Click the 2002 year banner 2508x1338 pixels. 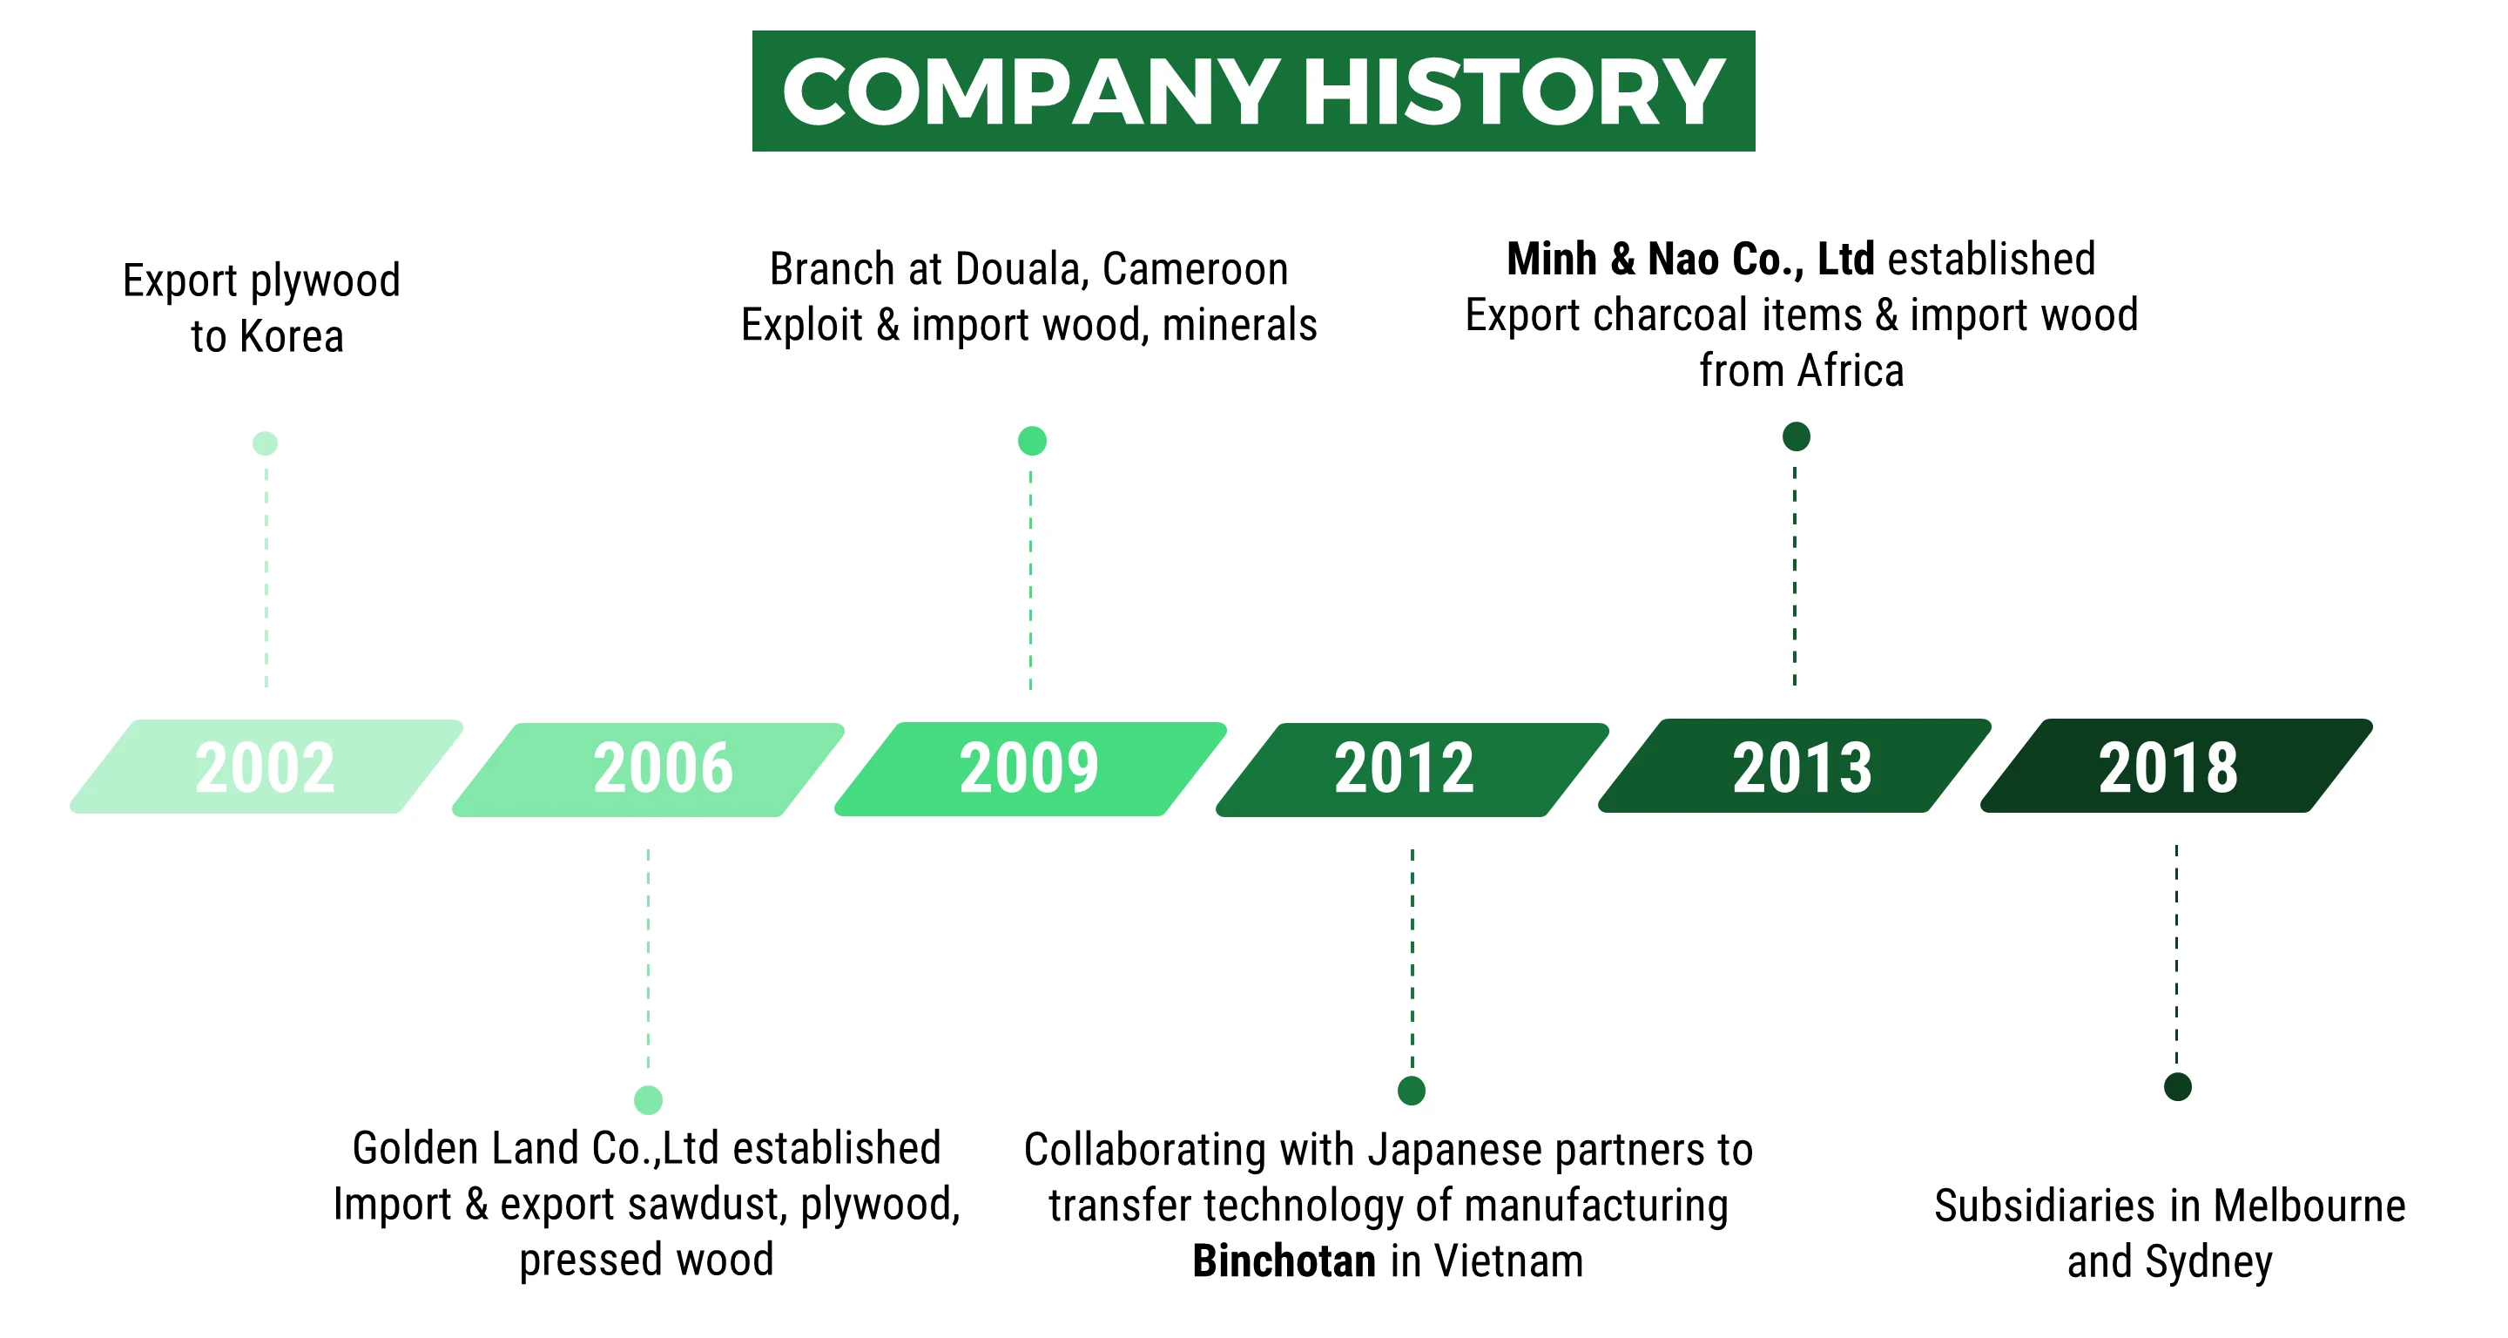(266, 767)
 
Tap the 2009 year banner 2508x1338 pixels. (1030, 768)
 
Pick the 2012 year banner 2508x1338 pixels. (1412, 769)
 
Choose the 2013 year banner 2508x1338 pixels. (1794, 766)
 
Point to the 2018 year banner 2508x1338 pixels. (2176, 766)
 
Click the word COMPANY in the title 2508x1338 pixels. (1030, 91)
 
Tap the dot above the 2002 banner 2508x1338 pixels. (265, 443)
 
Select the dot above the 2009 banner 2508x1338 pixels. (1032, 441)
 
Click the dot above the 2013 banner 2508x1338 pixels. (1797, 436)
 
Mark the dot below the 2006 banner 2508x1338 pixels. (649, 1100)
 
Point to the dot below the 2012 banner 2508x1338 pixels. (1412, 1091)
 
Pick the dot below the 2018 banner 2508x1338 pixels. (2178, 1087)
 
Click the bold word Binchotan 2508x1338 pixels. (1284, 1261)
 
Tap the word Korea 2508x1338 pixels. (291, 337)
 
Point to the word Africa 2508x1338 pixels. (1851, 371)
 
